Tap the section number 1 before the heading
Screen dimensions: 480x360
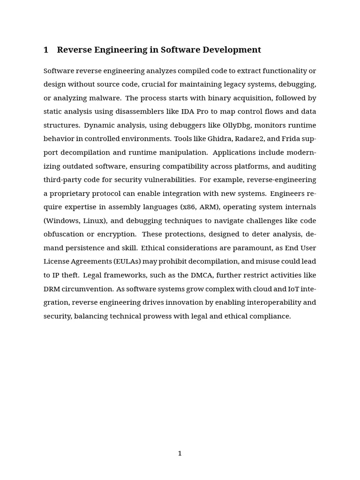click(46, 50)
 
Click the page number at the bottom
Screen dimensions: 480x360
click(180, 453)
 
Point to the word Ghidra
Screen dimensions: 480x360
click(218, 139)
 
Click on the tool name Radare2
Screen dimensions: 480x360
click(257, 139)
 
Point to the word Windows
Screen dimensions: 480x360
click(62, 221)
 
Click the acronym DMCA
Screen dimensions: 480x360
click(202, 275)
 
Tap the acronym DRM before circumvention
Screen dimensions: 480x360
click(52, 289)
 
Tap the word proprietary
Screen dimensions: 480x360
click(70, 194)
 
